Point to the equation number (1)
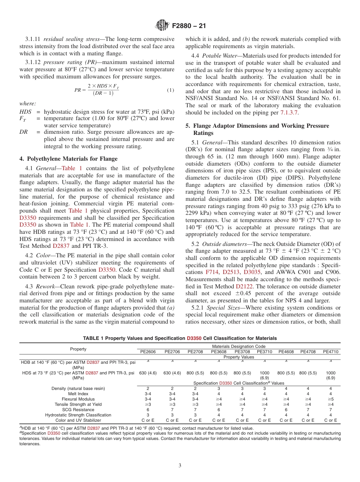(171, 90)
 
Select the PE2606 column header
(148, 351)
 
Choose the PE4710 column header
(330, 351)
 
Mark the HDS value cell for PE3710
(264, 375)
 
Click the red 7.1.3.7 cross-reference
(288, 113)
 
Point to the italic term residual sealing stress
(72, 39)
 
